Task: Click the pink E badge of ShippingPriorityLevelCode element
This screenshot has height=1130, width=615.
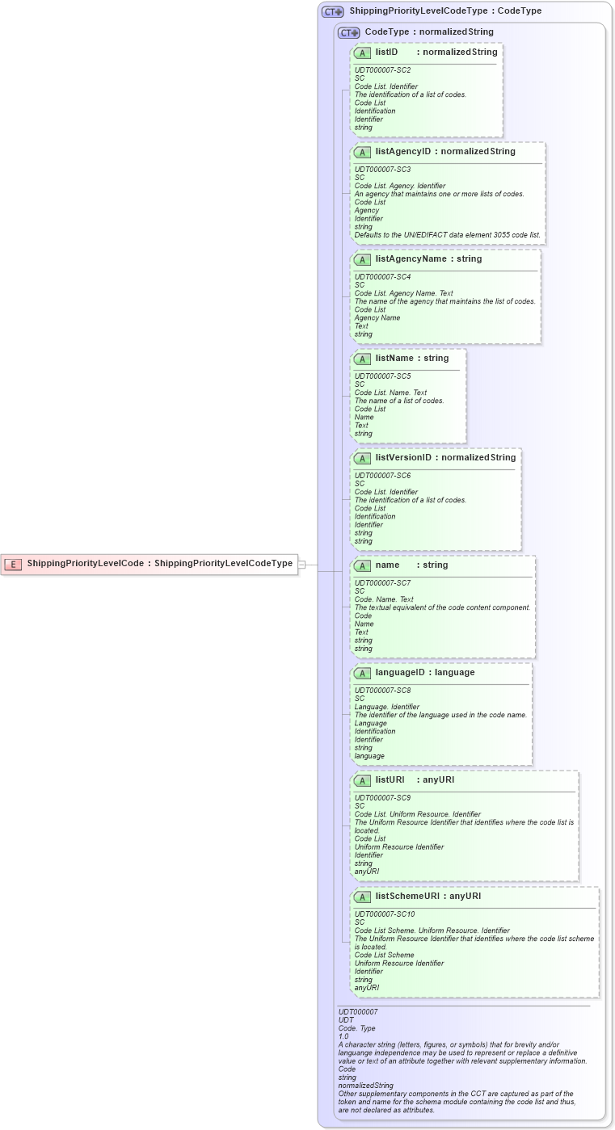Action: (x=13, y=564)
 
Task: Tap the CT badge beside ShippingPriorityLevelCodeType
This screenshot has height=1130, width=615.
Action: (x=332, y=12)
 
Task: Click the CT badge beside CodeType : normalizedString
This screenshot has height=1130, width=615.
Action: (x=348, y=33)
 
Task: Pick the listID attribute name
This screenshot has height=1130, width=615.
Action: (x=386, y=53)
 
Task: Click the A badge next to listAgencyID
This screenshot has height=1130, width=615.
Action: (x=362, y=152)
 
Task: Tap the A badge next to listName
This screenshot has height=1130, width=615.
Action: (x=362, y=359)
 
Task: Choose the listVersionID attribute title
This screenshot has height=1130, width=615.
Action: (x=403, y=458)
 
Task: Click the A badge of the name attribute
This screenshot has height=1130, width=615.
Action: (x=362, y=565)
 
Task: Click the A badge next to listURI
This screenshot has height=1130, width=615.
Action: (x=362, y=780)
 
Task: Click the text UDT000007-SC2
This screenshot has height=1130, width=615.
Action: (x=382, y=70)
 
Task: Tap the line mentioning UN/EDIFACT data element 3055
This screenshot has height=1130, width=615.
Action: (x=447, y=235)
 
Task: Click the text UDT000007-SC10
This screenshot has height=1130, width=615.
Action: (x=385, y=914)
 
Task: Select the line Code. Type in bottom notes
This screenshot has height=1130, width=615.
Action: (x=356, y=1028)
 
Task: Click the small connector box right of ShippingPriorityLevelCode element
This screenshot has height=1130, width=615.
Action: (x=301, y=565)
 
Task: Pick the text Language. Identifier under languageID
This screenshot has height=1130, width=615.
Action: (x=386, y=707)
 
